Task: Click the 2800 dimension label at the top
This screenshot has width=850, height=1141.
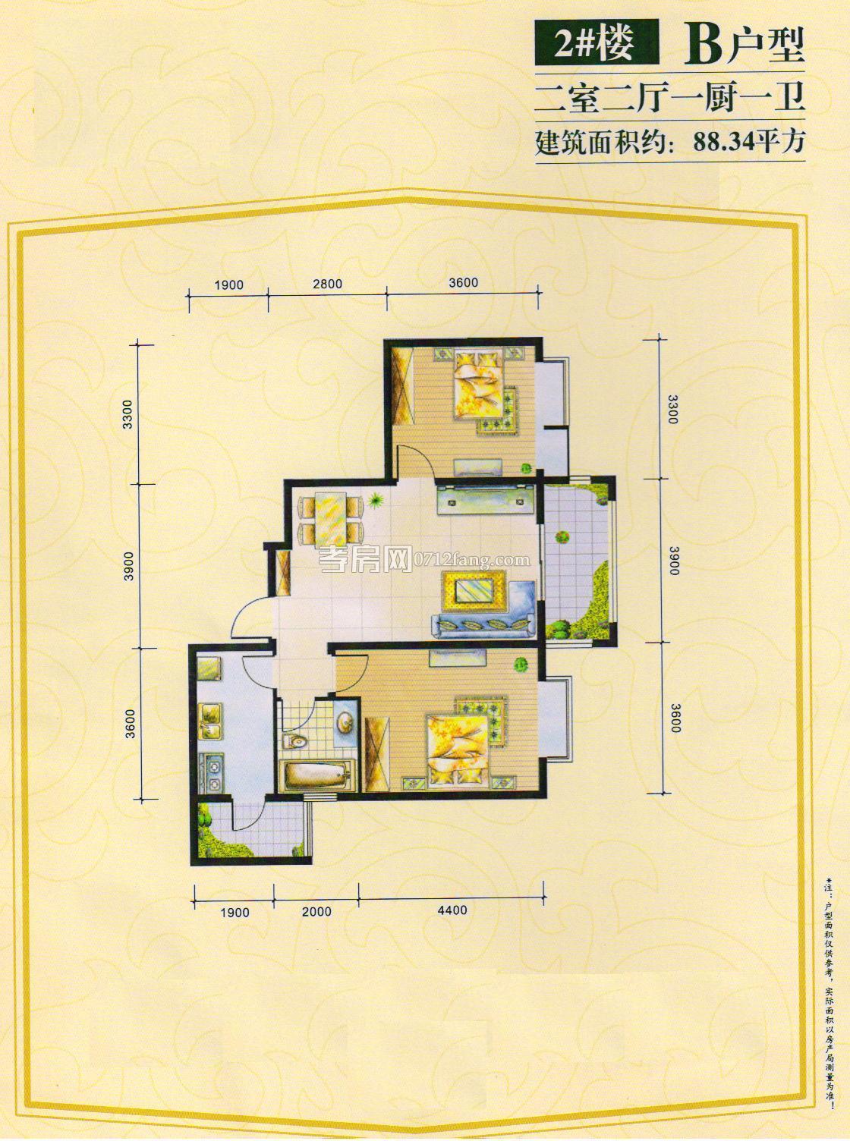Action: coord(327,284)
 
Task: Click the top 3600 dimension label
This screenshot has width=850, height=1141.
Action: coord(462,282)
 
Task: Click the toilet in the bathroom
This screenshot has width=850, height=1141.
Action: coord(295,740)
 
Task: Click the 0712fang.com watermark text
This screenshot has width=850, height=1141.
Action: coord(469,559)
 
